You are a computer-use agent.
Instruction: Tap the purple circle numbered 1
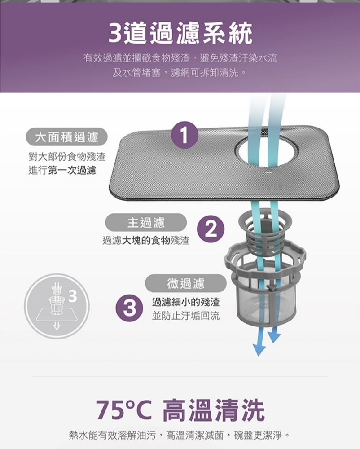point(184,135)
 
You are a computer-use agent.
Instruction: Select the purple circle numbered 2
point(211,229)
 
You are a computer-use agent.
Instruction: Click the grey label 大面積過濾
point(67,137)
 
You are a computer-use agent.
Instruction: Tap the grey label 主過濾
point(146,223)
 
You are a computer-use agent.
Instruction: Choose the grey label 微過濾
point(186,283)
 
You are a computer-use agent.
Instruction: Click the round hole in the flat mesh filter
point(266,151)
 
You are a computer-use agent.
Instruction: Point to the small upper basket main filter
point(265,235)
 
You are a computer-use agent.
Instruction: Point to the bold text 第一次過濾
point(72,171)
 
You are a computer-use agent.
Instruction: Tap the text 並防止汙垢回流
point(186,316)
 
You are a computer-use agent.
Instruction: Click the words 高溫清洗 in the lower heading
point(214,410)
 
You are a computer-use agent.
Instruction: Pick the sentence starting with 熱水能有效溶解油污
point(180,435)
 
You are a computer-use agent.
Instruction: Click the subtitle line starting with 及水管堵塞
point(180,73)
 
